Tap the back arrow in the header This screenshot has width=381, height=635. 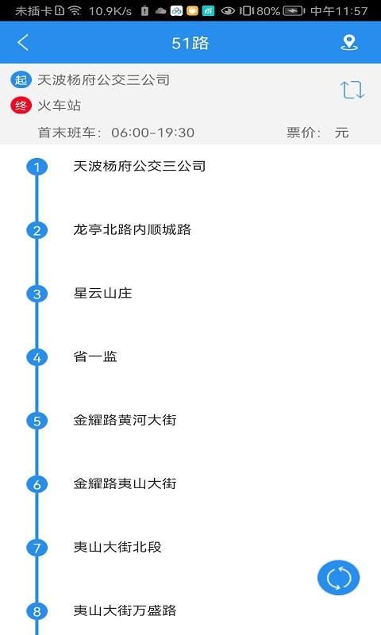pos(23,43)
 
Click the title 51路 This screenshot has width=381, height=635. pos(190,43)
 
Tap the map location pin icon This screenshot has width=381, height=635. pos(348,43)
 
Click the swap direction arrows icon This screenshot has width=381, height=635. pos(352,90)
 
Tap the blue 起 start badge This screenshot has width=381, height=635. pos(21,80)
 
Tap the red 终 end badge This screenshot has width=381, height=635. pos(21,105)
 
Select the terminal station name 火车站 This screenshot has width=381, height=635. pos(60,105)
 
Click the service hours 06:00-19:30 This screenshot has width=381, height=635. pos(152,133)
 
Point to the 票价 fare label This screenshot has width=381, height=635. pos(304,133)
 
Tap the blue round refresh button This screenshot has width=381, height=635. pos(339,577)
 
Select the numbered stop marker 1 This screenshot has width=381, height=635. pos(37,167)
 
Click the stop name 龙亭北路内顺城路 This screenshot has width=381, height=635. pos(132,230)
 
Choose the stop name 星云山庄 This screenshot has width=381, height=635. pos(102,294)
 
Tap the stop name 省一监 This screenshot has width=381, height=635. pos(95,357)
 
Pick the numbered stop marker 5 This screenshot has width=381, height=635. pos(37,421)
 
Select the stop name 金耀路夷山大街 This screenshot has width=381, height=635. pos(125,484)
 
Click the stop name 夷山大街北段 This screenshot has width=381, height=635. pos(117,548)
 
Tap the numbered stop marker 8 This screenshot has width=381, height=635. pos(37,611)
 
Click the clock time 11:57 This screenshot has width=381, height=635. pos(351,11)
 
